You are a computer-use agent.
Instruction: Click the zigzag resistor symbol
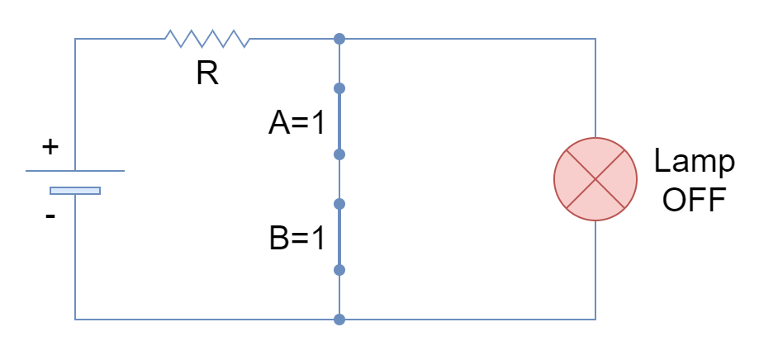pyautogui.click(x=207, y=39)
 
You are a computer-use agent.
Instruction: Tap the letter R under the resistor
pyautogui.click(x=207, y=73)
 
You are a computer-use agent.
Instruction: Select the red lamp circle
pyautogui.click(x=595, y=179)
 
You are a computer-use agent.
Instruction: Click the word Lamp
pyautogui.click(x=694, y=162)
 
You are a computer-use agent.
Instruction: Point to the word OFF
pyautogui.click(x=694, y=200)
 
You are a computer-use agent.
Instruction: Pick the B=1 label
pyautogui.click(x=296, y=238)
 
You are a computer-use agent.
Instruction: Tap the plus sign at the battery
pyautogui.click(x=50, y=147)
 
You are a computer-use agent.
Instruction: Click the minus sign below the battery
pyautogui.click(x=50, y=216)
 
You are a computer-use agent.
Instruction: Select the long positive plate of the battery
pyautogui.click(x=75, y=171)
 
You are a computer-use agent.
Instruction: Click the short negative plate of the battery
pyautogui.click(x=75, y=191)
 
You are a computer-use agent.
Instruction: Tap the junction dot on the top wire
pyautogui.click(x=339, y=39)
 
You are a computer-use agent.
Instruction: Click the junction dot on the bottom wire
pyautogui.click(x=339, y=320)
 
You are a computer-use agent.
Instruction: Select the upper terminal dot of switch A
pyautogui.click(x=339, y=88)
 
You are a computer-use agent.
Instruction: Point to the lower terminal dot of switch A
pyautogui.click(x=339, y=154)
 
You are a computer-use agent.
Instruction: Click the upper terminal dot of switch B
pyautogui.click(x=339, y=204)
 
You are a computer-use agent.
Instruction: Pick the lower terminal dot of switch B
pyautogui.click(x=339, y=270)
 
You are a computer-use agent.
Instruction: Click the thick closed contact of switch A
pyautogui.click(x=339, y=121)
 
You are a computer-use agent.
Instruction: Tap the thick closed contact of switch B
pyautogui.click(x=339, y=237)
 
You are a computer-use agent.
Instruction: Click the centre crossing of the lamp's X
pyautogui.click(x=595, y=179)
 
